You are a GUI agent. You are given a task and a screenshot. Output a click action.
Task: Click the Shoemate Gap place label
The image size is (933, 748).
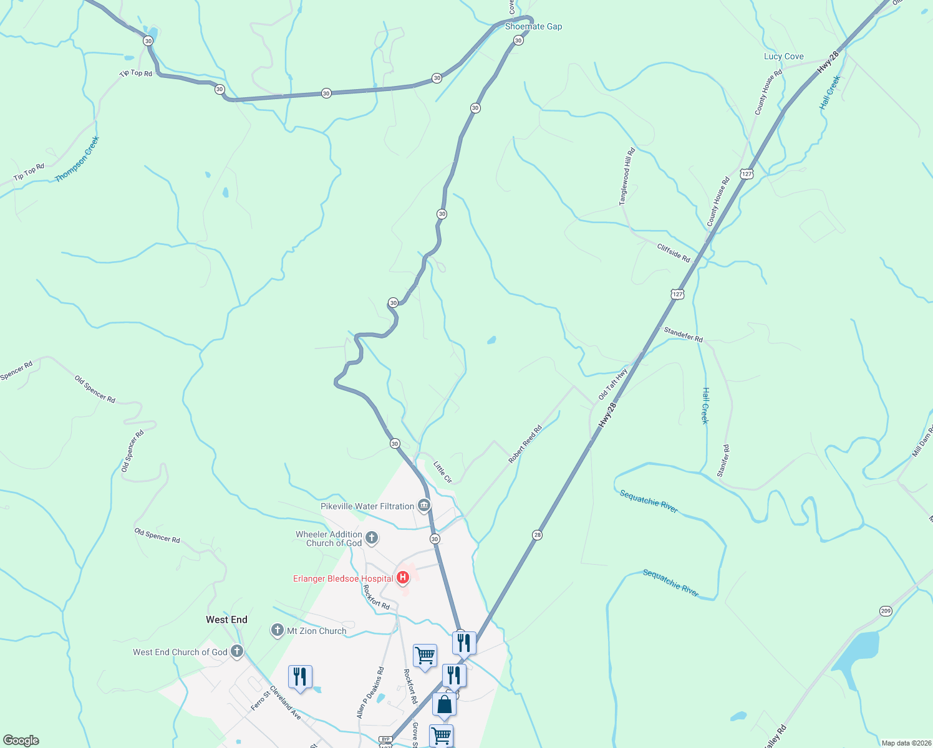point(533,27)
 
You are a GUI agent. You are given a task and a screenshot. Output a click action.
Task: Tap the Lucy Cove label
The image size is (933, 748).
point(783,57)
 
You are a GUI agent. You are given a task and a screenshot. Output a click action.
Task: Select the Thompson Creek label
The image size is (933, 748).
point(77,160)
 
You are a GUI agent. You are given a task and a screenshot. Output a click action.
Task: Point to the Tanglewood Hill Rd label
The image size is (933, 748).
point(627,176)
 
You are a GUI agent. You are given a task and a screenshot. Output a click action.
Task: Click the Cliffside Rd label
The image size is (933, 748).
point(673,252)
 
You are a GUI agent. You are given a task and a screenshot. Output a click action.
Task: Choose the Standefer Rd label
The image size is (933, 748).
point(683,335)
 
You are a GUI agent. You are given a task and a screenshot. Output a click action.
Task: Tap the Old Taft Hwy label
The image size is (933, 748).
point(612,384)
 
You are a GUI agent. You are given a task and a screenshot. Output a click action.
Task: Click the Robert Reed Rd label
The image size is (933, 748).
point(525,444)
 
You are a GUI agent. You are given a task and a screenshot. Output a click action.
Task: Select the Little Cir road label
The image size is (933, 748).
point(442,472)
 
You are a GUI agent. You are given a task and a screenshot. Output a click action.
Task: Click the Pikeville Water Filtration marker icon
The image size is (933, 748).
point(424,505)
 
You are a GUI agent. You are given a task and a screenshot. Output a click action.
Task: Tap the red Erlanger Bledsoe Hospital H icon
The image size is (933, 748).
point(403,578)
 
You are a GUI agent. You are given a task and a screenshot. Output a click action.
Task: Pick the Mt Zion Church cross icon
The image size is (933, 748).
point(278,630)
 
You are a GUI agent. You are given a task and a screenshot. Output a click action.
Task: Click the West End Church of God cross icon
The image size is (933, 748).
point(236,651)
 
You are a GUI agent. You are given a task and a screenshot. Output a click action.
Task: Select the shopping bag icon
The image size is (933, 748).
point(444,704)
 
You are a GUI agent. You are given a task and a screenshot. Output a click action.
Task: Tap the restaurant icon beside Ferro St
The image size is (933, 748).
point(300,677)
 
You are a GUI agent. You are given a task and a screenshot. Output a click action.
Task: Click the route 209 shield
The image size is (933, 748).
point(886,611)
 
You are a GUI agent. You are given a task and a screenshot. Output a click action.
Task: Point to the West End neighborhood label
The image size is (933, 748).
point(226,620)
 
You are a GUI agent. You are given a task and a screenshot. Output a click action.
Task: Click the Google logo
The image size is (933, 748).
point(21,741)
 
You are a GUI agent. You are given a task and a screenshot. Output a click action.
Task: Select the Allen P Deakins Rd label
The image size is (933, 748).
point(370,693)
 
